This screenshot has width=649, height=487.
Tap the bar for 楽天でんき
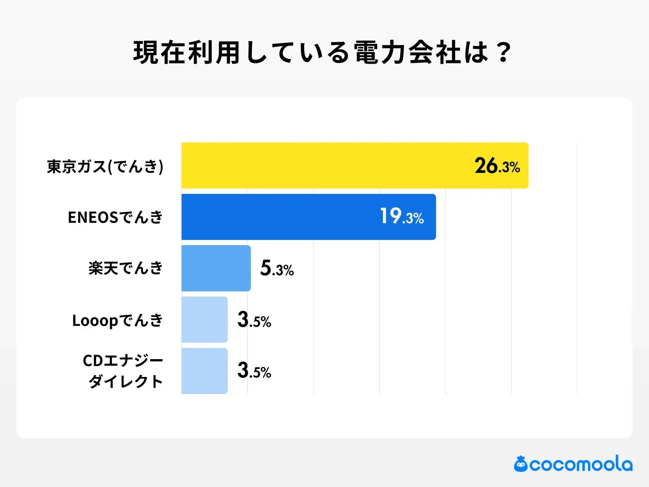pyautogui.click(x=216, y=268)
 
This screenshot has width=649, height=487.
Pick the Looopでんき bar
pyautogui.click(x=204, y=319)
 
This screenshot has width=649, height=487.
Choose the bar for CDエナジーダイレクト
pyautogui.click(x=204, y=371)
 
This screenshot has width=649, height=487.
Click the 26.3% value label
pyautogui.click(x=497, y=166)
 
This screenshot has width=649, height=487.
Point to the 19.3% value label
pyautogui.click(x=402, y=217)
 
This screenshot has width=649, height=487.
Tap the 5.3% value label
pyautogui.click(x=277, y=268)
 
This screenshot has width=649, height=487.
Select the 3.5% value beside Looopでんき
pyautogui.click(x=254, y=320)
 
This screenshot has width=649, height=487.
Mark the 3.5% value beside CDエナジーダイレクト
pyautogui.click(x=254, y=371)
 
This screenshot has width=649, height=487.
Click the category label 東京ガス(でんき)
pyautogui.click(x=105, y=166)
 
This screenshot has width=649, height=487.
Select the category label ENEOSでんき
pyautogui.click(x=115, y=218)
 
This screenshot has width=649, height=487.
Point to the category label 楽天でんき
pyautogui.click(x=126, y=268)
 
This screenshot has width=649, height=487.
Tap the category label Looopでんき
pyautogui.click(x=118, y=320)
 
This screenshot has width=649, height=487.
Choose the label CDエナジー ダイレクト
pyautogui.click(x=123, y=371)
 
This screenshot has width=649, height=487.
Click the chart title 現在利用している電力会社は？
pyautogui.click(x=322, y=53)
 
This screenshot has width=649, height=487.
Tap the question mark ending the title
pyautogui.click(x=504, y=53)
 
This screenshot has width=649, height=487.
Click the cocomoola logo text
pyautogui.click(x=581, y=464)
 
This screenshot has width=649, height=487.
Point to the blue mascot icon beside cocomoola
pyautogui.click(x=521, y=464)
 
